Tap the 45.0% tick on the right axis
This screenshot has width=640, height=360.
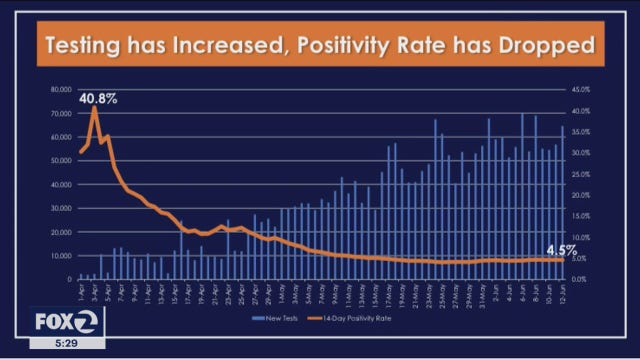(x=584, y=89)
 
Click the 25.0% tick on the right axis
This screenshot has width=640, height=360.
(x=584, y=174)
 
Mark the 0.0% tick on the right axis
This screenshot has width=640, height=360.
(x=584, y=280)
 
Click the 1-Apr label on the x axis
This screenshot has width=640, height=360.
(x=81, y=293)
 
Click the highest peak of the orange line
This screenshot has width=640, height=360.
(x=95, y=107)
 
